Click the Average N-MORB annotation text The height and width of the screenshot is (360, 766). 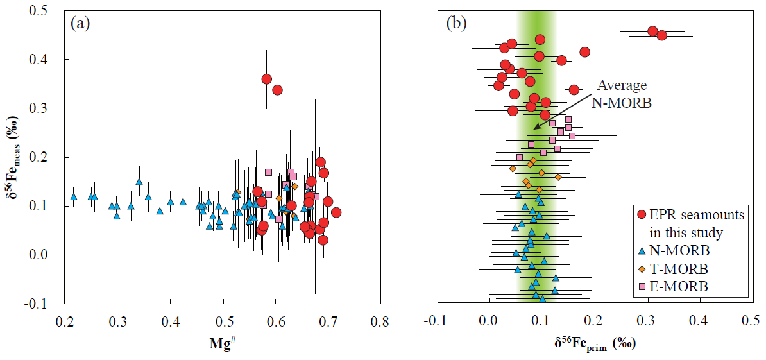click(623, 93)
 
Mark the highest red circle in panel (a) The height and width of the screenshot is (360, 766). click(267, 79)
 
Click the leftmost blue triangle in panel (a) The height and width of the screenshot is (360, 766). click(74, 196)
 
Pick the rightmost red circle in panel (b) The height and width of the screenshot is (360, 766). click(662, 35)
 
